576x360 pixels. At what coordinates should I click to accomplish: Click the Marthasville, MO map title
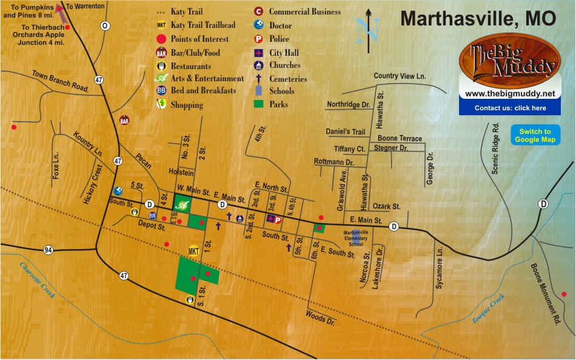pos(478,19)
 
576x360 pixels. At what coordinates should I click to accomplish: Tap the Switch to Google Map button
pos(535,136)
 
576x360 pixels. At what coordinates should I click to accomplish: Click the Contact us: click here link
pos(510,108)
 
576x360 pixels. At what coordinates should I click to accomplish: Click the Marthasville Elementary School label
pos(361,238)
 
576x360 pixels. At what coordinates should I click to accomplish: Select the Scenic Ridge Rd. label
pos(495,149)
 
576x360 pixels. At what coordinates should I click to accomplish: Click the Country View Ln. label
pos(400,76)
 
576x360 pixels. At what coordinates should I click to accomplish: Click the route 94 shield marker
pos(47,250)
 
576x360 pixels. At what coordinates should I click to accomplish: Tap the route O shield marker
pos(105,25)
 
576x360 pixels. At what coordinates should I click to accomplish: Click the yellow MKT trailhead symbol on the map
pos(194,251)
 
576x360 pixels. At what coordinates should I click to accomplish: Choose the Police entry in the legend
pos(273,39)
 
